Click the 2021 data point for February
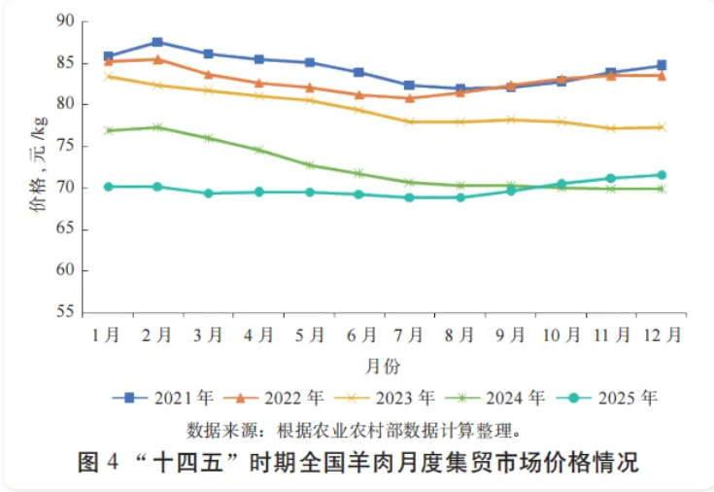click(x=157, y=42)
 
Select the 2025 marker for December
click(x=662, y=175)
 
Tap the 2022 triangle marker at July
click(x=410, y=98)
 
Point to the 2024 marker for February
click(x=157, y=127)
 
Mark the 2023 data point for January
click(x=108, y=76)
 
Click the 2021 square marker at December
click(x=662, y=65)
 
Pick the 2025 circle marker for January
click(x=108, y=186)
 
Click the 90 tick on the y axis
click(x=65, y=20)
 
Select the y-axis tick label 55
click(x=65, y=313)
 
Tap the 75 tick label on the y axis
click(x=65, y=146)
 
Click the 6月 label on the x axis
click(x=360, y=335)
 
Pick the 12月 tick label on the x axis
click(x=662, y=335)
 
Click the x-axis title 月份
click(x=383, y=366)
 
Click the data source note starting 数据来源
click(x=356, y=428)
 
